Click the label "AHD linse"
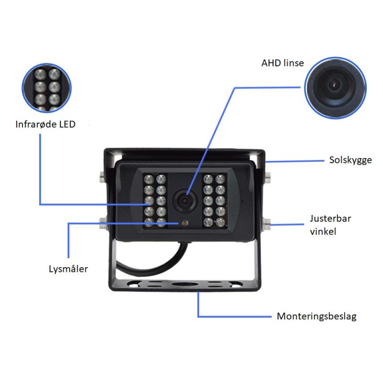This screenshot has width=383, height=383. pos(282,63)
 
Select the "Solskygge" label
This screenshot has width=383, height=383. pos(350,160)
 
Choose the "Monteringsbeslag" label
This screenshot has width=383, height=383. pos(316,316)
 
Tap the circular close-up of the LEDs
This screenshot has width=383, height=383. pos(47,88)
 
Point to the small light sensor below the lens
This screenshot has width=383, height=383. pos(184,223)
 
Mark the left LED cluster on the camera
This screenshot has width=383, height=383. pos(155,200)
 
